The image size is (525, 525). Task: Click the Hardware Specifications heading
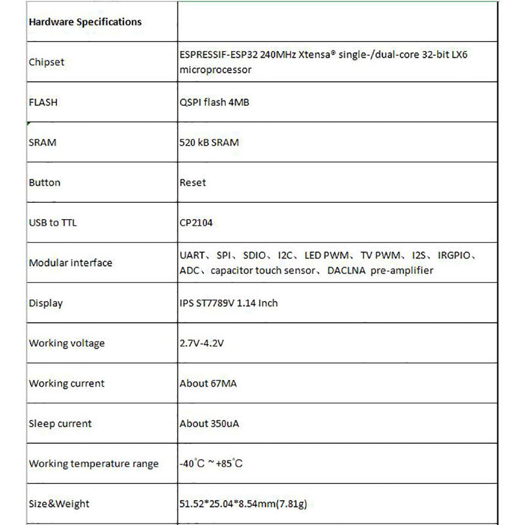coord(85,22)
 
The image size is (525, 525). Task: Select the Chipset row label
coord(47,62)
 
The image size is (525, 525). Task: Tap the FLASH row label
coord(43,102)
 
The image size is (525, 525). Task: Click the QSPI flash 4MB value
coord(214,102)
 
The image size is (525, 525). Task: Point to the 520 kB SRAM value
coord(209,142)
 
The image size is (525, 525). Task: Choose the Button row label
coord(45,182)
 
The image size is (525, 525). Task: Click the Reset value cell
coord(192,182)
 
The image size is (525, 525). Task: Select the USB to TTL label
coord(52,222)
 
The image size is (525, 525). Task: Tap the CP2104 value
coord(196,222)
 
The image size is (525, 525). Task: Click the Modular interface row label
coord(70,262)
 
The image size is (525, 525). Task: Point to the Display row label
coord(46,303)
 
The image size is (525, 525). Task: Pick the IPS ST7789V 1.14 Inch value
coord(229,303)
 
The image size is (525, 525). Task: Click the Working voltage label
coord(66,343)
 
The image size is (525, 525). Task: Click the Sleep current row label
coord(60,423)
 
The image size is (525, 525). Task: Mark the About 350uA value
coord(209,423)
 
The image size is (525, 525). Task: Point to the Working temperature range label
coord(94,463)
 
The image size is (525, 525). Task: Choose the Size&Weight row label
coord(59,504)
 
